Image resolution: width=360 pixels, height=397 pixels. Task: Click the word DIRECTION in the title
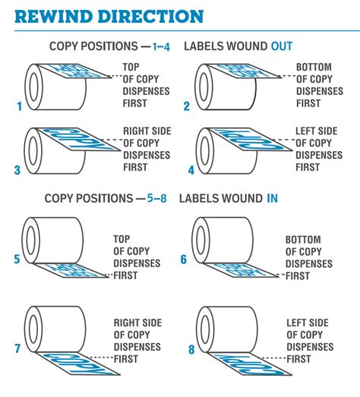tap(150, 17)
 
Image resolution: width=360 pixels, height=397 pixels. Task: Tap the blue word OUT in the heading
tap(282, 46)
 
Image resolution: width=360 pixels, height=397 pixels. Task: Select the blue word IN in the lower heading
tap(272, 198)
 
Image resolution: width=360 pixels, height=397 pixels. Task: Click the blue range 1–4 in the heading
tap(161, 46)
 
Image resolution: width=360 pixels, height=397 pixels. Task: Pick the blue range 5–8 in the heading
tap(157, 198)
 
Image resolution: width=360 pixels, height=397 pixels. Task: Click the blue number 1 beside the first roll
tap(19, 106)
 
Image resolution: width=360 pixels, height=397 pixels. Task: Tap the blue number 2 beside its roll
tap(187, 106)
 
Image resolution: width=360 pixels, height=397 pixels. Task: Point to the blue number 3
tap(17, 170)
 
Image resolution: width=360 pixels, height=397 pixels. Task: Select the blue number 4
tap(191, 170)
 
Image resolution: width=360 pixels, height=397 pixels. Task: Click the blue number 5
tap(17, 259)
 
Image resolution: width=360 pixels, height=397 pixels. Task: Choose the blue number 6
tap(184, 259)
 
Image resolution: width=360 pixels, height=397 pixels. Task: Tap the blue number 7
tap(17, 348)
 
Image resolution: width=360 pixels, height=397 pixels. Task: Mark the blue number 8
tap(191, 349)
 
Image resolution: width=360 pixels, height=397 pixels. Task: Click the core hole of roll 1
tap(33, 87)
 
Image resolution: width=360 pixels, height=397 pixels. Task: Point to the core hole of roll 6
tap(201, 241)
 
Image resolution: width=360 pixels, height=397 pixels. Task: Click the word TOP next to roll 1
tap(131, 67)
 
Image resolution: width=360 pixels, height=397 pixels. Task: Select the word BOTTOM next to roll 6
tap(303, 240)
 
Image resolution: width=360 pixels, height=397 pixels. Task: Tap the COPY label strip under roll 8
tap(250, 364)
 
